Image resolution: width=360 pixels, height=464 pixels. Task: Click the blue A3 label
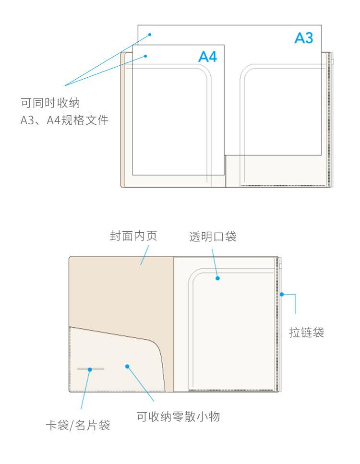[303, 38]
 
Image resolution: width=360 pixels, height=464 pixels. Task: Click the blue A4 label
[208, 57]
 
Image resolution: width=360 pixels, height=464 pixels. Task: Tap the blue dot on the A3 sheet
[150, 34]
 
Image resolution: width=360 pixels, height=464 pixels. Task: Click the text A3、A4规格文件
[63, 120]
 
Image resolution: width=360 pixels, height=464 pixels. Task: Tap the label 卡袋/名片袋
[77, 425]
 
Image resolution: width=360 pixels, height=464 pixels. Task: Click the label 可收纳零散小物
[178, 417]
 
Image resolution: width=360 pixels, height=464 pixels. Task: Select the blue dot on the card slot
[89, 369]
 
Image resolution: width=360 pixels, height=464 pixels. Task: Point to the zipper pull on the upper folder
[332, 61]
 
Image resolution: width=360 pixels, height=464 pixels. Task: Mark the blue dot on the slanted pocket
[127, 366]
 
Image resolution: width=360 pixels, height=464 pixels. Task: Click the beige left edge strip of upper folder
[126, 120]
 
